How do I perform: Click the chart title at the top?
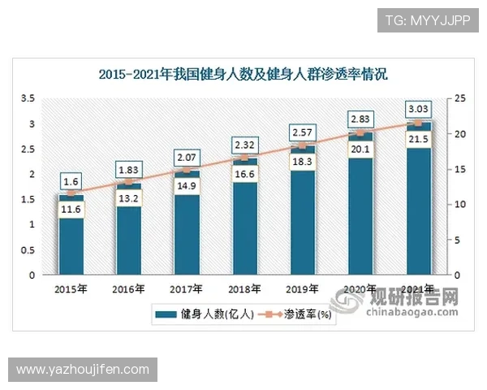click(243, 75)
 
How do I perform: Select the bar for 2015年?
click(71, 244)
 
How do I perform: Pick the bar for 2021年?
click(418, 219)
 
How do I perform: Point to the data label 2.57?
click(302, 131)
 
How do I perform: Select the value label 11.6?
click(71, 210)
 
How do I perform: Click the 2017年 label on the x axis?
click(187, 288)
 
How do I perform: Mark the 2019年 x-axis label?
click(302, 288)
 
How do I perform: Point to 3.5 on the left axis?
click(28, 98)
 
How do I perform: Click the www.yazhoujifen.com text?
click(84, 370)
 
